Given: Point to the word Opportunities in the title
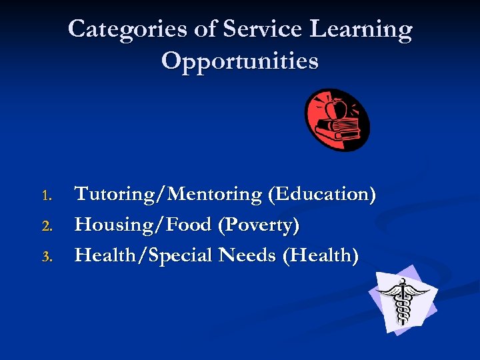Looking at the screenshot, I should coord(240,62).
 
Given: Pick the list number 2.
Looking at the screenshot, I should coord(46,227).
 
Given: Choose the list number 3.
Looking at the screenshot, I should coord(46,257).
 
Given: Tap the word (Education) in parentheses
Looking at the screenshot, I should coord(321,195).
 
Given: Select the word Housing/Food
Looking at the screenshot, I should coord(143,225).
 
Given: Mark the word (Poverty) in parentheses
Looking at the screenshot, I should coord(258,226).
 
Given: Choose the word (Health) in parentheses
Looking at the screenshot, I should coord(320,255).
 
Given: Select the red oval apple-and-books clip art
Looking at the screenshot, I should coord(337,120).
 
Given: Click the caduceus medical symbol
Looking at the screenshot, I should coord(402,300).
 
